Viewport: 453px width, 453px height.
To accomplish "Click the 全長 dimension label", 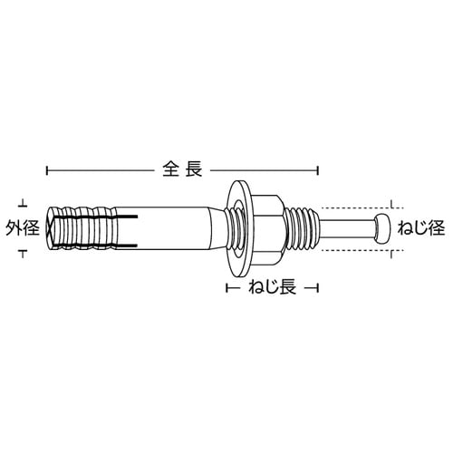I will point(181,169).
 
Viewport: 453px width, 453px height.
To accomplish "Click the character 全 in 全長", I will point(171,169).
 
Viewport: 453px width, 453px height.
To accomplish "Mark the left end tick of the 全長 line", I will point(45,169).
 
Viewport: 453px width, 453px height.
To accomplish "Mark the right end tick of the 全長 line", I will point(318,169).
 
